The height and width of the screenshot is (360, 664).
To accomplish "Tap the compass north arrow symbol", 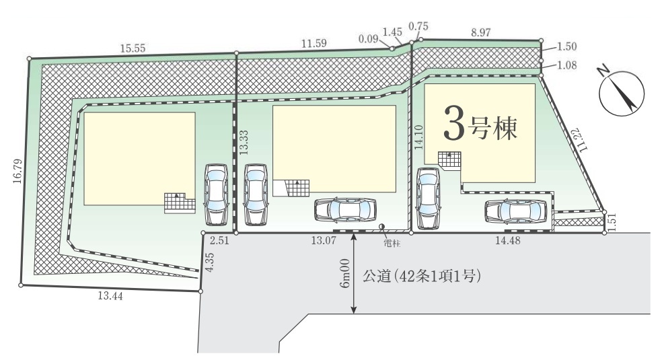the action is (621, 93).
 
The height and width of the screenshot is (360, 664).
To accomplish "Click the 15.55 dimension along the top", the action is (133, 48).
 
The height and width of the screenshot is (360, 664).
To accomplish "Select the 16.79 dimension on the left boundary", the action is (17, 171).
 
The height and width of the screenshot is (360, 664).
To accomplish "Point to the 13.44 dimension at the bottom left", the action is (110, 296).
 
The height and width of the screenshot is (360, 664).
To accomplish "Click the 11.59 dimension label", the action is (313, 43).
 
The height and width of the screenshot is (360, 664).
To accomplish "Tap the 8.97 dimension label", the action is (480, 32).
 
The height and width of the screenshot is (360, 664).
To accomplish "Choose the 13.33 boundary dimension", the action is (244, 142).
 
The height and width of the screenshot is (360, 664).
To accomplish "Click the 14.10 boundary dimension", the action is (419, 137).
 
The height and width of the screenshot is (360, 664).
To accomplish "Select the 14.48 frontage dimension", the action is (508, 241).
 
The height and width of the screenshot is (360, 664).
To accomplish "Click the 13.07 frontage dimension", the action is (324, 241).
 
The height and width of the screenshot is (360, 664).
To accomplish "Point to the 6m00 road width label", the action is (345, 274).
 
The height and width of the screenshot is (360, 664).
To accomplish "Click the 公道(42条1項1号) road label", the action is (421, 277).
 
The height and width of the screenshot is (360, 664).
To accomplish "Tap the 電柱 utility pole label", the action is (392, 244).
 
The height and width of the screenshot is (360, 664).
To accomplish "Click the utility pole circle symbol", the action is (382, 227).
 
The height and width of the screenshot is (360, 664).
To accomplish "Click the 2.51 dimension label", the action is (219, 241).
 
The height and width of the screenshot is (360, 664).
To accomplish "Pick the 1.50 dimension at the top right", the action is (566, 46).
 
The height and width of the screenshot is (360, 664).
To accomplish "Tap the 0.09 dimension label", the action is (368, 39).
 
